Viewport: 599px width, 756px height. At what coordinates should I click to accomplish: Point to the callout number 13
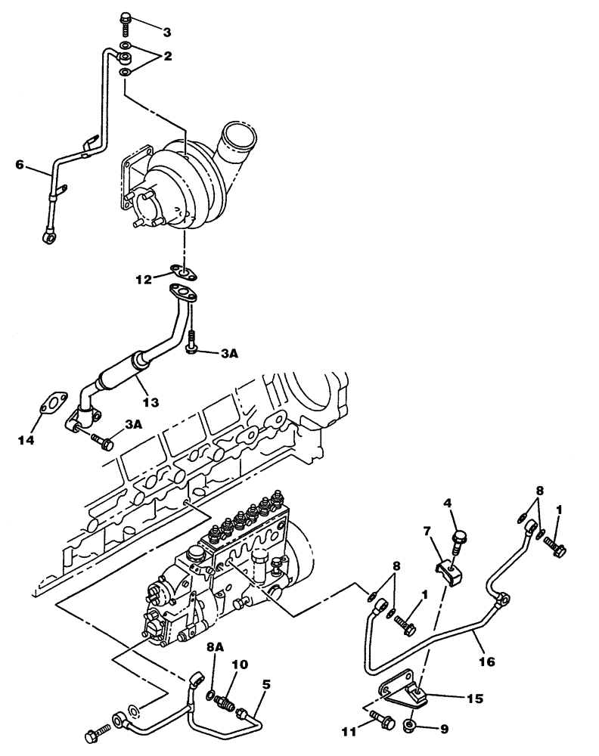pos(151,402)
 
